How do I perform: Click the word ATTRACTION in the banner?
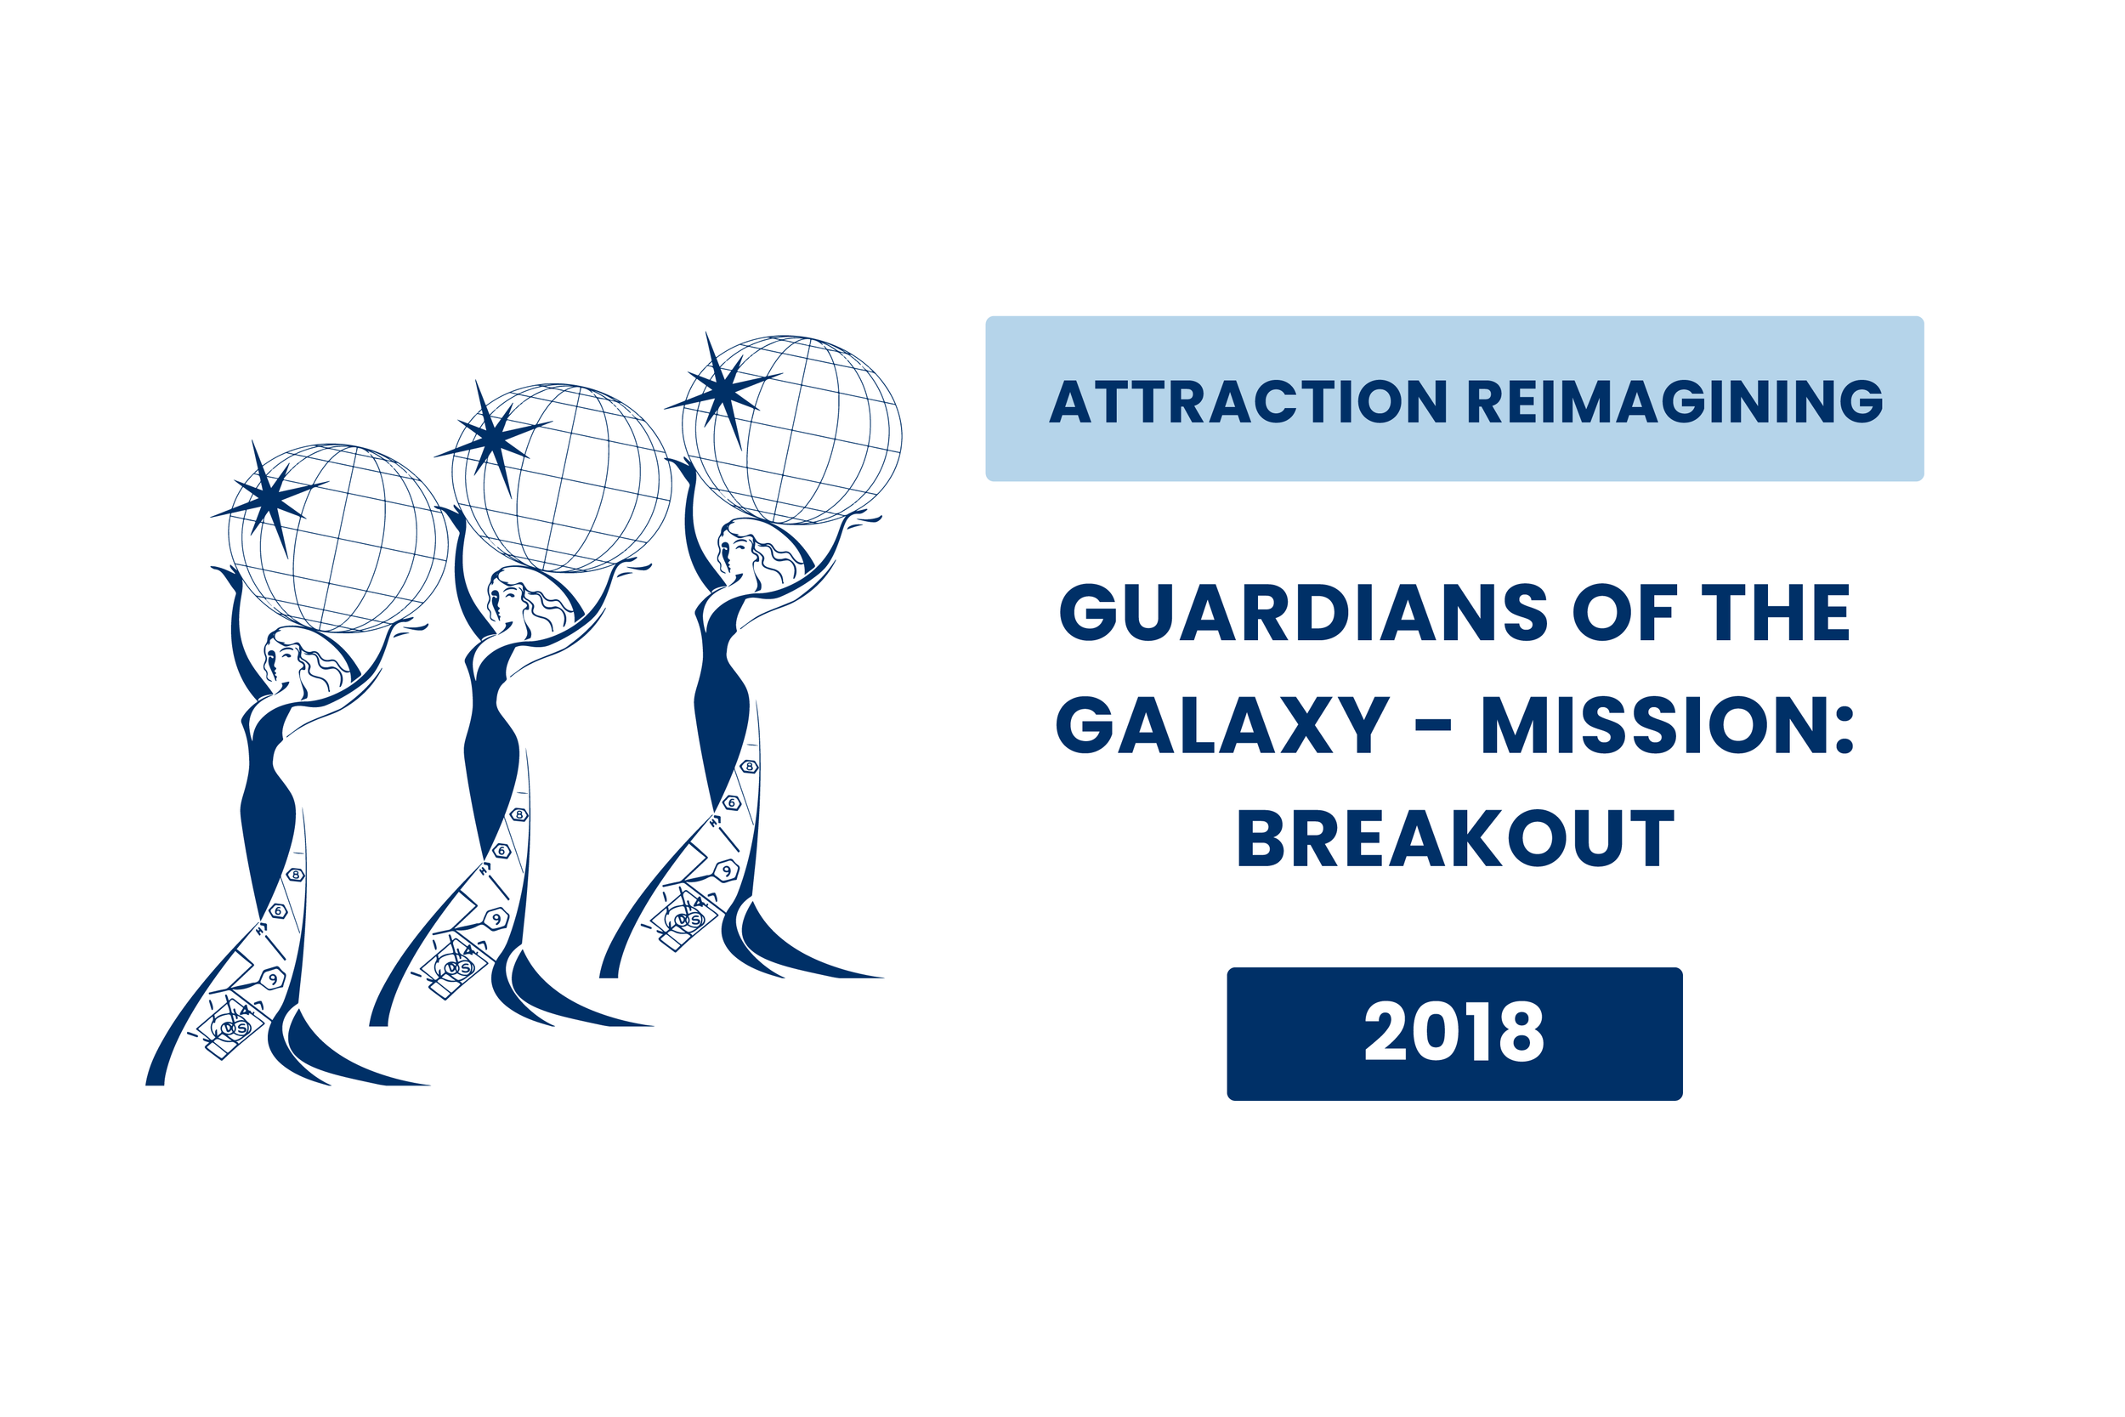click(x=1248, y=401)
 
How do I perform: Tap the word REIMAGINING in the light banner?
click(x=1675, y=401)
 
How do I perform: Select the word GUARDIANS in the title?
click(x=1304, y=613)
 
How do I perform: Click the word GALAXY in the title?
click(x=1221, y=725)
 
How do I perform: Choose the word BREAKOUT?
click(x=1455, y=838)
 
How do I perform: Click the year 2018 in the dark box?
click(x=1453, y=1032)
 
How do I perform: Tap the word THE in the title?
click(x=1776, y=613)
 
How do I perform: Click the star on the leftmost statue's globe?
click(x=269, y=498)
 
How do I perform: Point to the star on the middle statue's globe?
click(x=493, y=439)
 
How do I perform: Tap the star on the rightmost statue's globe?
click(x=723, y=390)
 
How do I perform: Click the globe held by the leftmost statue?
click(x=338, y=539)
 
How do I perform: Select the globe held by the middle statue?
click(x=562, y=478)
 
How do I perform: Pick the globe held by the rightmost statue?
click(x=791, y=430)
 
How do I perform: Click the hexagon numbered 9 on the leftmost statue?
click(x=272, y=978)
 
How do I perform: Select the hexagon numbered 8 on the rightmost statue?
click(x=749, y=768)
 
